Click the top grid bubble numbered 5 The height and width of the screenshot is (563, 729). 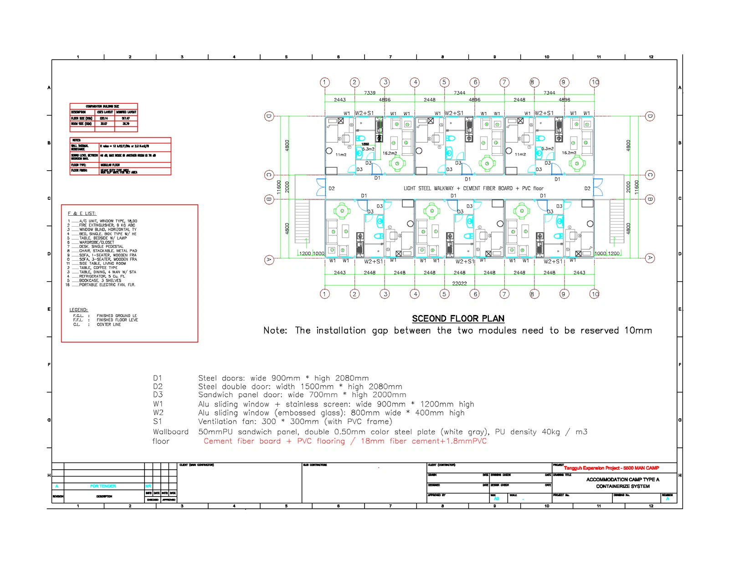(444, 82)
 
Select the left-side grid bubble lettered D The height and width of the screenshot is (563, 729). (269, 116)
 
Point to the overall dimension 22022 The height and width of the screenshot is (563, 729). (459, 284)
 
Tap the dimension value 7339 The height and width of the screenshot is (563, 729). (370, 93)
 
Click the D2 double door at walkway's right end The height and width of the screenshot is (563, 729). (597, 187)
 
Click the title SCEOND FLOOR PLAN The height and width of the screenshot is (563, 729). (458, 319)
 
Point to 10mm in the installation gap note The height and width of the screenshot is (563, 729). (638, 331)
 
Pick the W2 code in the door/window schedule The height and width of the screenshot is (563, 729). (158, 413)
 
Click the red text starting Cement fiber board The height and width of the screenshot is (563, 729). (345, 441)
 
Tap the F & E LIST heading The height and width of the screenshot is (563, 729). (82, 213)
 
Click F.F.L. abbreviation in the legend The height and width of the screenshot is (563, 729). (78, 320)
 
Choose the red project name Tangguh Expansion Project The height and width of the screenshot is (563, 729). (611, 468)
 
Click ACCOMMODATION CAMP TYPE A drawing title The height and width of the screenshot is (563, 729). (622, 480)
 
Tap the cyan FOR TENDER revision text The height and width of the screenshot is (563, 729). (103, 486)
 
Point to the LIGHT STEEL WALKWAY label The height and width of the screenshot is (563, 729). (473, 188)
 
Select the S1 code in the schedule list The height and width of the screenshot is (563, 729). (158, 421)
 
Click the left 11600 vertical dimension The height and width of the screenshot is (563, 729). (279, 187)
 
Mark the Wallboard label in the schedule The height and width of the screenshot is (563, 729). (170, 432)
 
